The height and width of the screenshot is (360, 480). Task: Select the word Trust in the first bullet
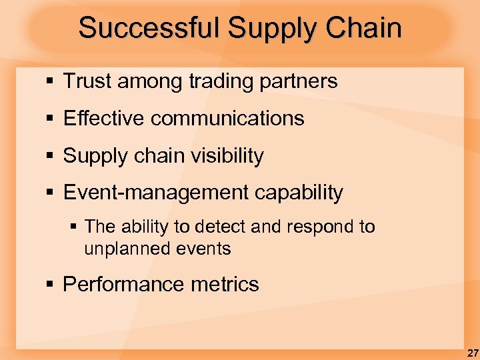pyautogui.click(x=86, y=81)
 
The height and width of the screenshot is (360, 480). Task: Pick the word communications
pyautogui.click(x=227, y=119)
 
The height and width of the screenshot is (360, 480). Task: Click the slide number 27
pyautogui.click(x=472, y=353)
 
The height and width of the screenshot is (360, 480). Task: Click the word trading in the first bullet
pyautogui.click(x=220, y=81)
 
